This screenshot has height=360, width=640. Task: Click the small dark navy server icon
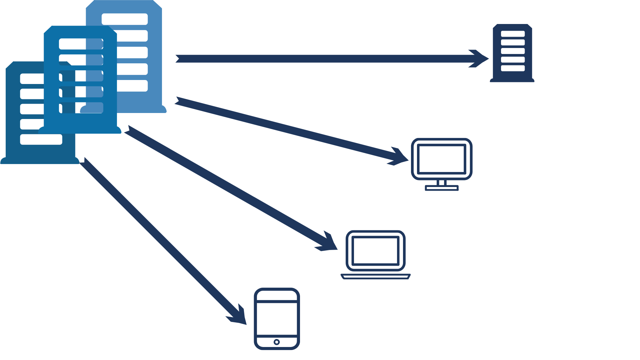[x=512, y=53]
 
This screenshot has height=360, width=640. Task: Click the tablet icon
[x=277, y=319]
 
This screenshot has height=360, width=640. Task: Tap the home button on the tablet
[x=277, y=342]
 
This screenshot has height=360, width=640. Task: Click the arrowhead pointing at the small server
[x=480, y=59]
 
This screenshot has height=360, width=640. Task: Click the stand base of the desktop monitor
[x=442, y=188]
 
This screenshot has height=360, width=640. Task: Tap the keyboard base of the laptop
[x=376, y=276]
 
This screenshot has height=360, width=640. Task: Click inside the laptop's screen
[x=376, y=250]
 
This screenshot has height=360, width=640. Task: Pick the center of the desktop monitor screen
[x=442, y=159]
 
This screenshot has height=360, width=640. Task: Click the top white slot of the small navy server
[x=513, y=34]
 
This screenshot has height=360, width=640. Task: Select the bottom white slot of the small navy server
[x=513, y=68]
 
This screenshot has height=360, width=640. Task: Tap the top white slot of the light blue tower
[x=125, y=19]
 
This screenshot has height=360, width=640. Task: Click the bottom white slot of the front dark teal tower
[x=41, y=139]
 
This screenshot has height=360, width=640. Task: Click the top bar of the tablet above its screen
[x=277, y=295]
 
